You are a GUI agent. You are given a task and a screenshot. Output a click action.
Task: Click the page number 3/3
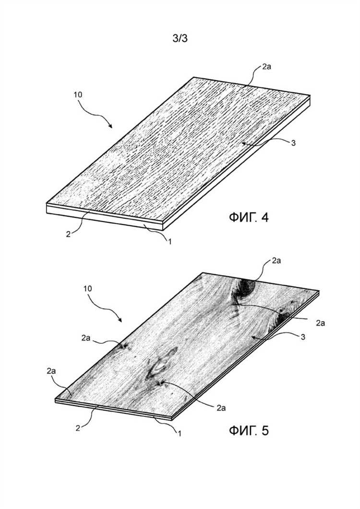point(180,39)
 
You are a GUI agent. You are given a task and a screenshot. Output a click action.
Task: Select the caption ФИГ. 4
point(249,218)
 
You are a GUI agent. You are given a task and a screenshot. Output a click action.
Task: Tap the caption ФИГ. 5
point(249,431)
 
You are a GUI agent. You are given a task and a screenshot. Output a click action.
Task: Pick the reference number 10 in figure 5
point(88,289)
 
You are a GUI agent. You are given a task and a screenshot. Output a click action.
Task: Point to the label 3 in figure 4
point(293,143)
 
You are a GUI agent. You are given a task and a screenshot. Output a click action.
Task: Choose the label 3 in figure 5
point(303,337)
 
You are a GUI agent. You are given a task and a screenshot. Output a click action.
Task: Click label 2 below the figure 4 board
point(68,234)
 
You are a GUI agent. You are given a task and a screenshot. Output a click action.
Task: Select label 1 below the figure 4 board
point(169,241)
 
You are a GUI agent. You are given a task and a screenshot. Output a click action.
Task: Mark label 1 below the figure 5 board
point(179,433)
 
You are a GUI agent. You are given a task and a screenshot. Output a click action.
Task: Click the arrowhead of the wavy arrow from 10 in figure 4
point(111,127)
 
